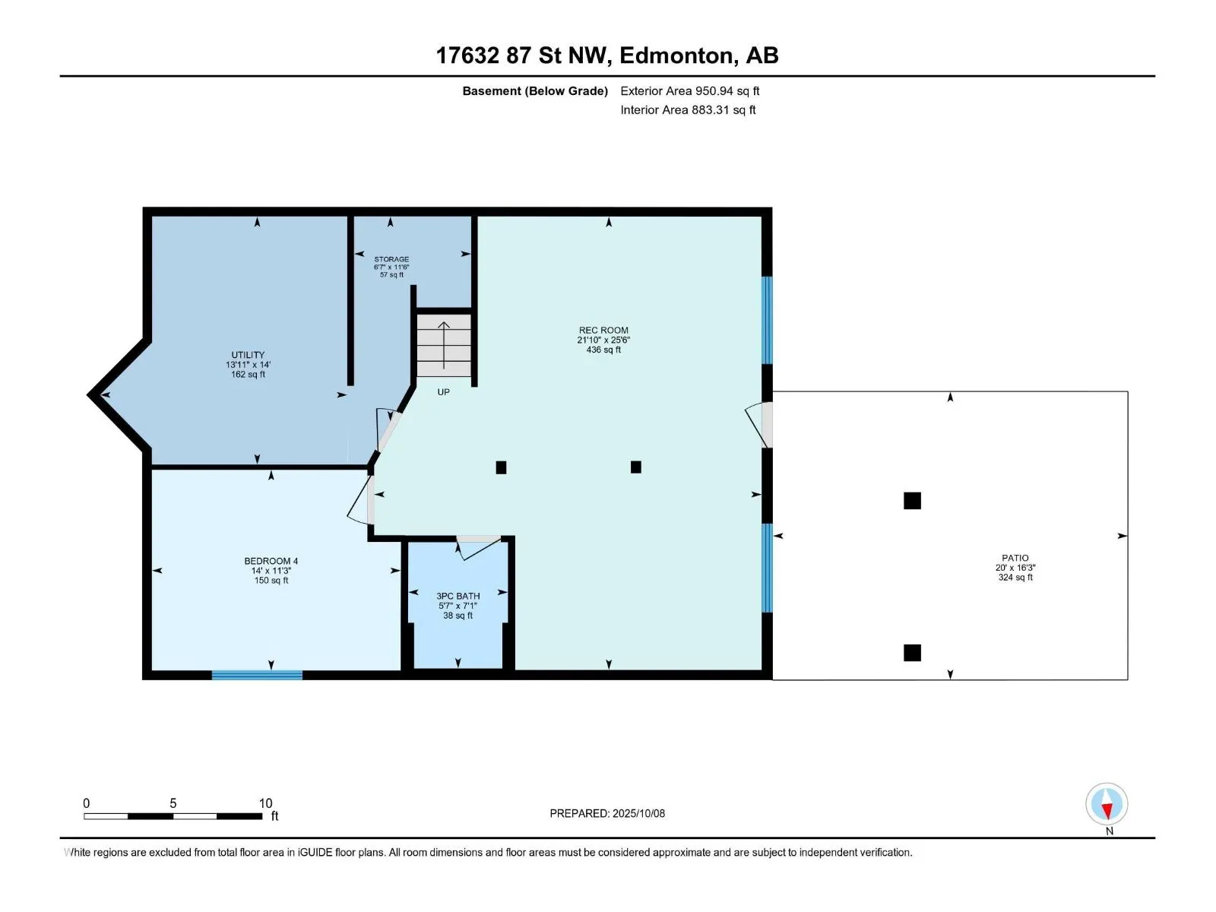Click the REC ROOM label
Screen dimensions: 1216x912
pyautogui.click(x=603, y=330)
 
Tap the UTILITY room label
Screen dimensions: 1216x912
pyautogui.click(x=248, y=355)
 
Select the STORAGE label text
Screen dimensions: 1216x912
pyautogui.click(x=391, y=259)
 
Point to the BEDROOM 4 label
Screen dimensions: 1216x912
pyautogui.click(x=271, y=561)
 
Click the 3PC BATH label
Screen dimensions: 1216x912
pyautogui.click(x=458, y=596)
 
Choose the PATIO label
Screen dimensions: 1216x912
pyautogui.click(x=1015, y=558)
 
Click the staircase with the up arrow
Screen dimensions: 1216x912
pyautogui.click(x=444, y=346)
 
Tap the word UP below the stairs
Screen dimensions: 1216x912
pyautogui.click(x=443, y=392)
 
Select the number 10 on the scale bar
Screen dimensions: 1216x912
pyautogui.click(x=265, y=803)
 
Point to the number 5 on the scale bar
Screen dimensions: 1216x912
pyautogui.click(x=173, y=803)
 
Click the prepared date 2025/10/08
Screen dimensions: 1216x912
pyautogui.click(x=638, y=813)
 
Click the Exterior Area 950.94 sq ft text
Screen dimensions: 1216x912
pyautogui.click(x=690, y=90)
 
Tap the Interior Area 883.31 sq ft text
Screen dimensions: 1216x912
pyautogui.click(x=688, y=109)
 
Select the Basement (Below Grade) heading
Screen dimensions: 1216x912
pyautogui.click(x=535, y=90)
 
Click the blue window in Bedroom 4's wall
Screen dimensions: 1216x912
pyautogui.click(x=257, y=675)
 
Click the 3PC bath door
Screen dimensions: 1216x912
pyautogui.click(x=479, y=546)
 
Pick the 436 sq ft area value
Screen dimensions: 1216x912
pyautogui.click(x=603, y=350)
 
